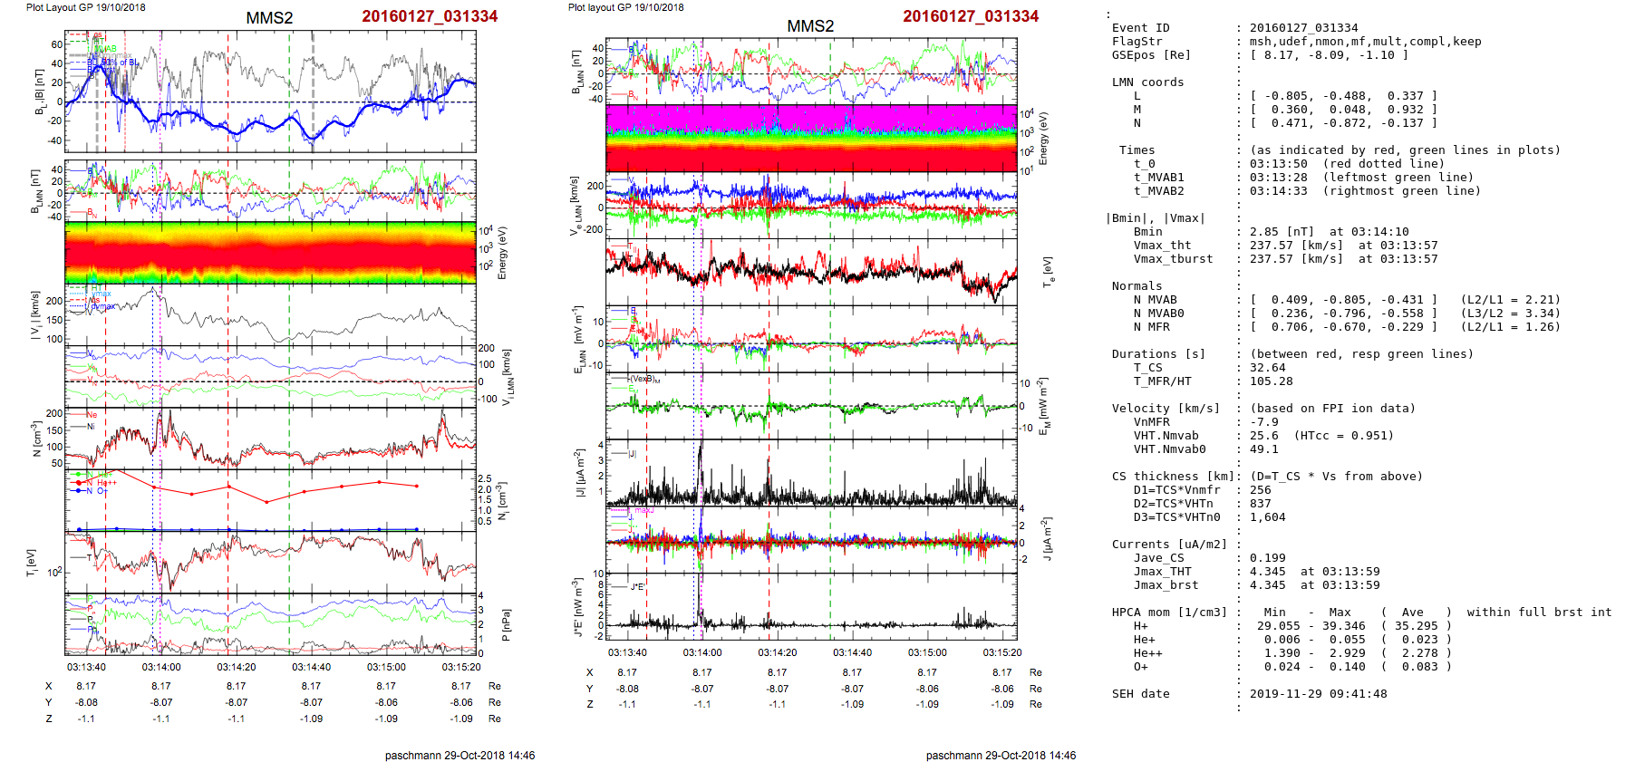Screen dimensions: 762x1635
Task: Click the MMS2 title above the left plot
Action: (x=269, y=18)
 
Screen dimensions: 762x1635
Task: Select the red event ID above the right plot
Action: (x=971, y=16)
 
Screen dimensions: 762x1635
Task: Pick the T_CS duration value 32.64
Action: (x=1267, y=368)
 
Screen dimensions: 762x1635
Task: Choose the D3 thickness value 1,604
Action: (x=1267, y=517)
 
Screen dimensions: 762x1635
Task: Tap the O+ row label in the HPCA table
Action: (x=1140, y=667)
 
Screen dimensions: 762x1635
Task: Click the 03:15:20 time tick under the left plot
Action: (x=461, y=667)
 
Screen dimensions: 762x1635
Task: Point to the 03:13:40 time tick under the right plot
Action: (x=627, y=652)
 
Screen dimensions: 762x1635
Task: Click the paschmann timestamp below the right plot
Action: (x=1001, y=755)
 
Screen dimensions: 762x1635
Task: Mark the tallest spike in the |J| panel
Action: (x=701, y=444)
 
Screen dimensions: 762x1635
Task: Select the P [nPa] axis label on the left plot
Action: (x=506, y=625)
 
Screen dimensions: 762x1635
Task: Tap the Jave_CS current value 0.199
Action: (x=1267, y=558)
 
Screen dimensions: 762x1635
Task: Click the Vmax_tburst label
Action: (x=1173, y=259)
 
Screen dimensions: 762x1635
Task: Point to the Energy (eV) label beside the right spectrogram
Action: (x=1043, y=139)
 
